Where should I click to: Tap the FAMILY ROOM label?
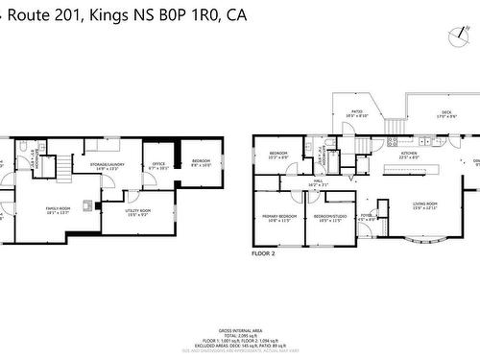click(x=59, y=210)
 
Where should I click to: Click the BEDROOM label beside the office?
click(x=202, y=162)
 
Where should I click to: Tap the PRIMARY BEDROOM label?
click(x=277, y=218)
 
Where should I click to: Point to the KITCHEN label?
click(x=408, y=156)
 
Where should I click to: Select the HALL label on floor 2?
click(x=318, y=181)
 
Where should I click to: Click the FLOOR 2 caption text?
click(x=263, y=253)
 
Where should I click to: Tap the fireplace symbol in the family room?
click(x=87, y=204)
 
